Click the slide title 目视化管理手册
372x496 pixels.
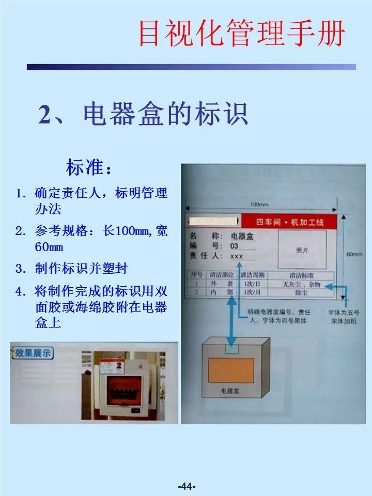click(x=242, y=33)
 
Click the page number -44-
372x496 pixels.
click(x=186, y=486)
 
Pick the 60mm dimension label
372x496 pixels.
click(x=353, y=254)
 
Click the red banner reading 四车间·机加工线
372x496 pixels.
click(x=290, y=222)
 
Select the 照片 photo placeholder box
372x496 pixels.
click(x=302, y=249)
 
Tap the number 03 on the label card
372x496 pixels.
click(x=234, y=246)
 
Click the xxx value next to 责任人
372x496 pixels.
click(x=236, y=256)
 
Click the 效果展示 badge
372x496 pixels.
click(x=33, y=353)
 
